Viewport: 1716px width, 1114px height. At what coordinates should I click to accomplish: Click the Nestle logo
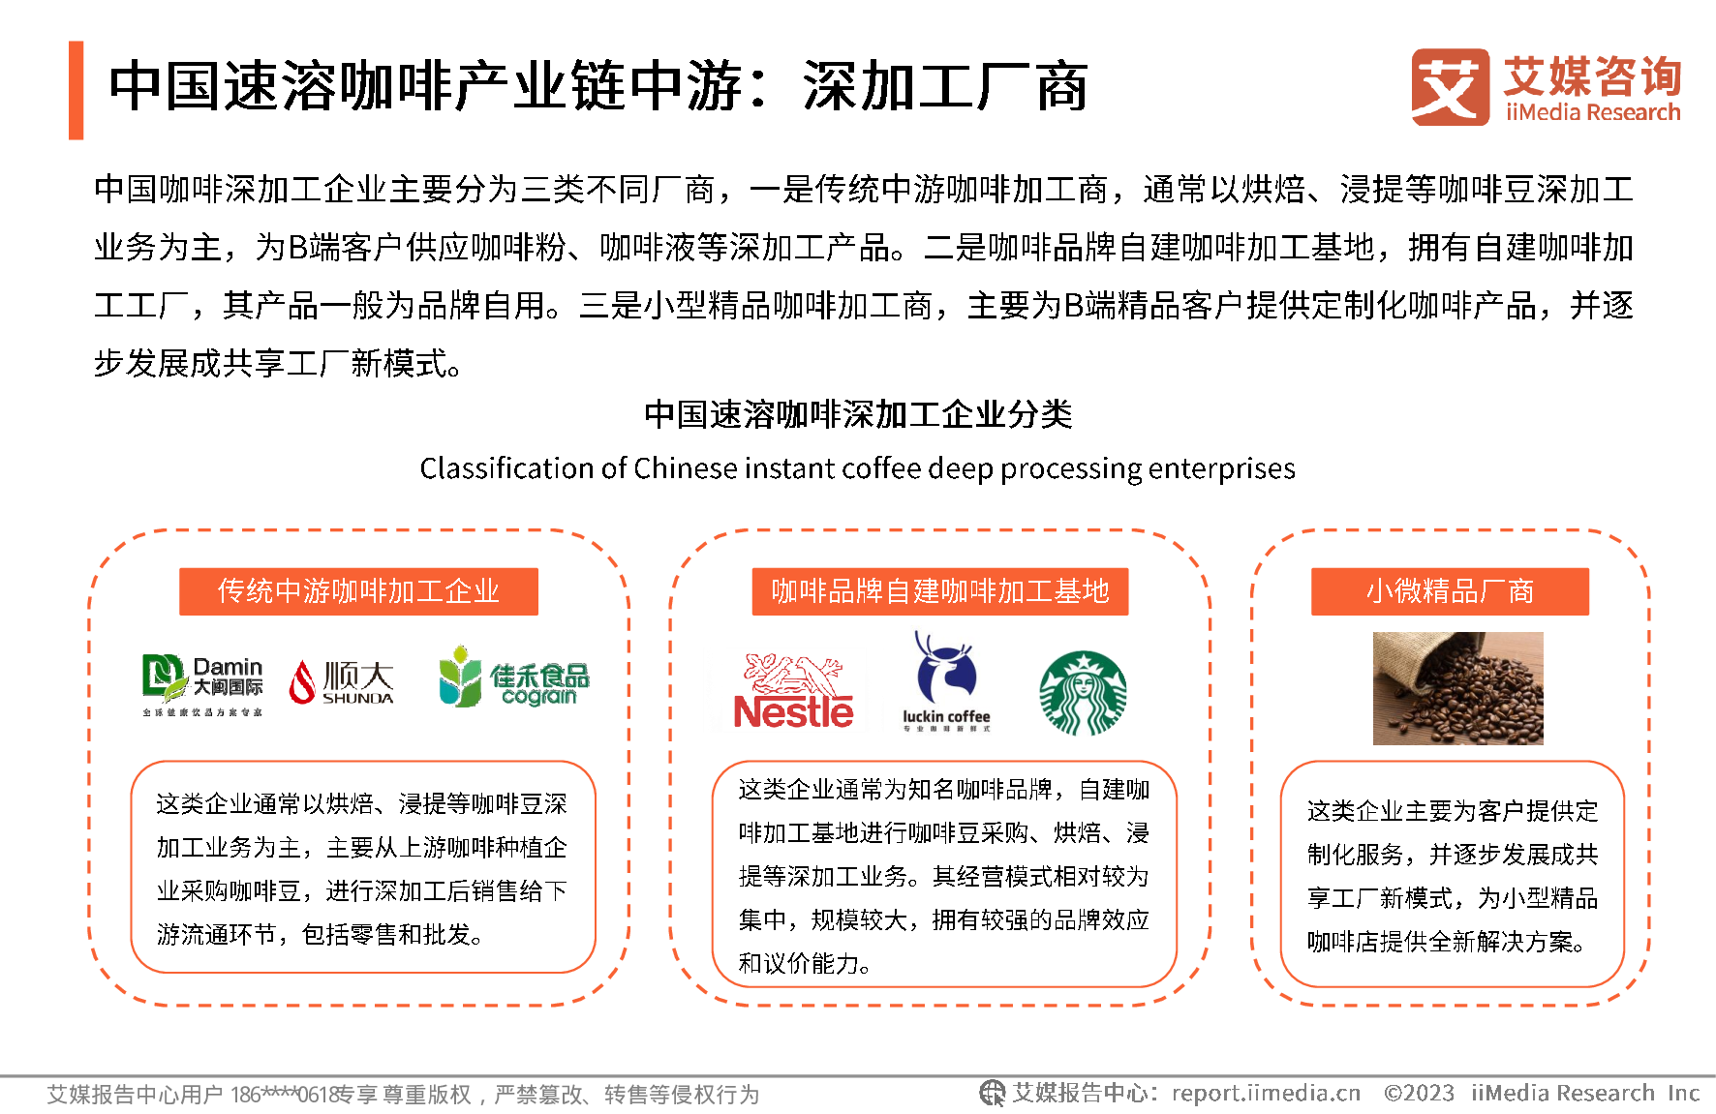793,690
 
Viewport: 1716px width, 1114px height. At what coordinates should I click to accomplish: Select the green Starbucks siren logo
1083,693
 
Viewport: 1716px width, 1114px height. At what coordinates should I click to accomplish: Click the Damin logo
201,683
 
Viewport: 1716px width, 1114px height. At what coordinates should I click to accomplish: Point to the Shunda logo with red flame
340,682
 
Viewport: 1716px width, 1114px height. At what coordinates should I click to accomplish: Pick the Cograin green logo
513,677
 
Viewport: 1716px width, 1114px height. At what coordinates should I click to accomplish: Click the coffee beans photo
1457,688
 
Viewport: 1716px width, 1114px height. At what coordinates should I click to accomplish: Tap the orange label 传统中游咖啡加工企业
358,591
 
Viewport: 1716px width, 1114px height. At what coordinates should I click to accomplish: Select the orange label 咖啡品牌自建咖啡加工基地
939,591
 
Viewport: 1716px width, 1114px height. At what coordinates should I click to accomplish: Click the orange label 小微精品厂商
1450,591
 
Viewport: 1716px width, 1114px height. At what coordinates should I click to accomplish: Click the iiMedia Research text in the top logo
1593,112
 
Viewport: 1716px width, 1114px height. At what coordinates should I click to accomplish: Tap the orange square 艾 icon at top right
1450,87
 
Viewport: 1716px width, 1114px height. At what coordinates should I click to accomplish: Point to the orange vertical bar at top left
77,90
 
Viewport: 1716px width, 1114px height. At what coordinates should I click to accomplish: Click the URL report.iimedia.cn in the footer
1266,1094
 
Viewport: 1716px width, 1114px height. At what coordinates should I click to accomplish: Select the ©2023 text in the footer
1419,1094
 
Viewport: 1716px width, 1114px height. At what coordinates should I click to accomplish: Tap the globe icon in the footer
992,1094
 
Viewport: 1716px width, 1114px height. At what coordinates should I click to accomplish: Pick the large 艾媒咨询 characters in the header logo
1593,75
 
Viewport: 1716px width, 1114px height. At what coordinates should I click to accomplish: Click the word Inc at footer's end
1683,1094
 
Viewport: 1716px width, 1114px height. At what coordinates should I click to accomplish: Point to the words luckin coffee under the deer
946,716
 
